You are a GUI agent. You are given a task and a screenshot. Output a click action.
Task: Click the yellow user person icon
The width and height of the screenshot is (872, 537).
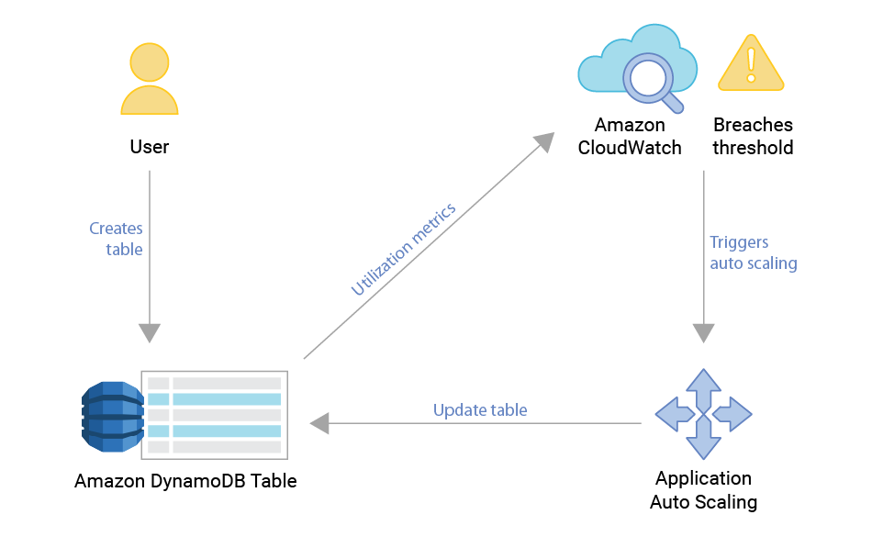150,79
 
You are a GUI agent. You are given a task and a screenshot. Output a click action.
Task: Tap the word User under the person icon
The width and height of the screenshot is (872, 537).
150,147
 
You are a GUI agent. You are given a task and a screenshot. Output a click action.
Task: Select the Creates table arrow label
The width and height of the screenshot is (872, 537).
117,239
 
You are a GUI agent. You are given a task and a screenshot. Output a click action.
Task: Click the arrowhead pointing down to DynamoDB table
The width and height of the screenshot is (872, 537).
150,332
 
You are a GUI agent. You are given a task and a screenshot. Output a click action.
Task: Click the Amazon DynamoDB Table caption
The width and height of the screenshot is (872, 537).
185,481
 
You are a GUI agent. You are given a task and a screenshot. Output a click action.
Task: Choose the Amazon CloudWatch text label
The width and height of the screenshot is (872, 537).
630,136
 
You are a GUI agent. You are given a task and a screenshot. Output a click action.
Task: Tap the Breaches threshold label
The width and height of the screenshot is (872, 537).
753,136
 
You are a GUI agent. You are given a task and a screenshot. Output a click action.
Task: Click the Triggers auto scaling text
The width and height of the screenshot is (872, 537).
753,252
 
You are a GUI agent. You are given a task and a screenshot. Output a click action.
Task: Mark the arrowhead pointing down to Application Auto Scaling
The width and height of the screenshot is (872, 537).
703,332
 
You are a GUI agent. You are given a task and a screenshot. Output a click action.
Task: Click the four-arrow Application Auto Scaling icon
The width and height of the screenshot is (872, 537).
703,414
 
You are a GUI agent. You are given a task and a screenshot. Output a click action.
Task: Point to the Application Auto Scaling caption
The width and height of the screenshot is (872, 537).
703,490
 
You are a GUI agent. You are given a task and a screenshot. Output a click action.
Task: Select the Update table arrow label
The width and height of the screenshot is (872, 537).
480,409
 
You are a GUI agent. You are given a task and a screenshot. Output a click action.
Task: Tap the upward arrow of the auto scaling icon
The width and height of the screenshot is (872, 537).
703,386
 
